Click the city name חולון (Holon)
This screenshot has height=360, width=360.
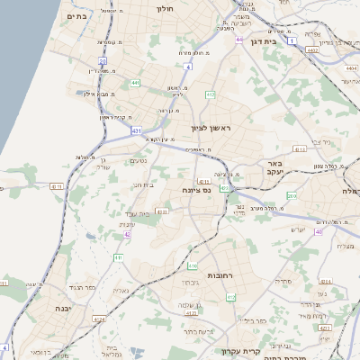(164, 8)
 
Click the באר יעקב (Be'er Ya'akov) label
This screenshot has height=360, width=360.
(273, 167)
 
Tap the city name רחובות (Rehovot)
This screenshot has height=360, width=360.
(221, 275)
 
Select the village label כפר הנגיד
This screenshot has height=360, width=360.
(71, 287)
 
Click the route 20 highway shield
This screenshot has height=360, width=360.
(103, 62)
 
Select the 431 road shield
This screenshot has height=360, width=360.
(136, 131)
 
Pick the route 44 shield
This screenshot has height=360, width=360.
(239, 40)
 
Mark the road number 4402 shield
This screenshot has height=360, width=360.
(312, 50)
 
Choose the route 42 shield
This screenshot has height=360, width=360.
(128, 234)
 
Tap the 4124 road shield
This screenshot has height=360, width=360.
(99, 319)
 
